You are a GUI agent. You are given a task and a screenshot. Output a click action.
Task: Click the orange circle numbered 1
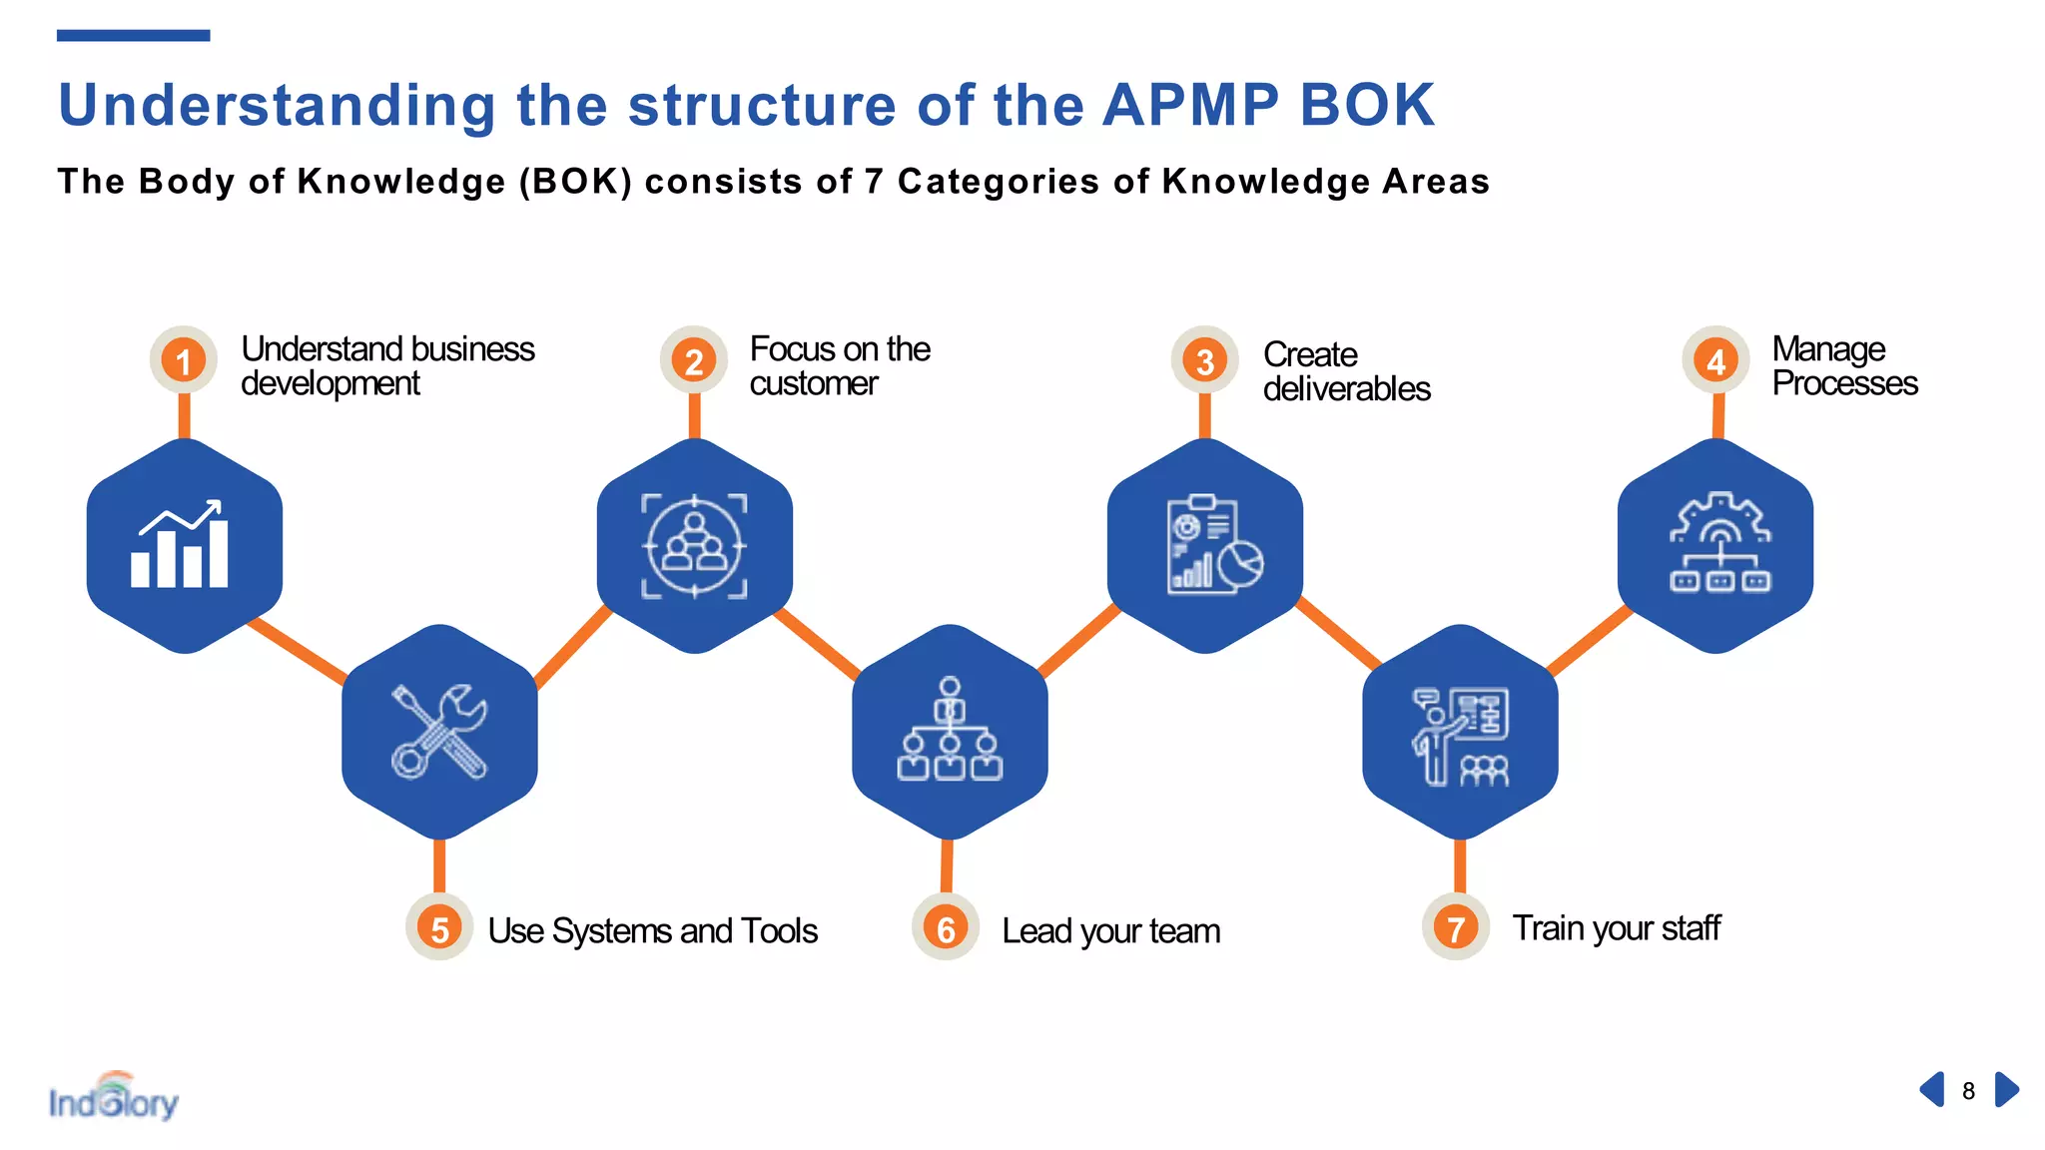point(184,360)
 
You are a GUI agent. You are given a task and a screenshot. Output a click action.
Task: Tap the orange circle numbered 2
point(694,360)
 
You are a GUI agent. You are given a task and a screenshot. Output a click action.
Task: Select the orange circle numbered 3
point(1205,360)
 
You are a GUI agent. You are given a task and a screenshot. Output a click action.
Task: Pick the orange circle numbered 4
point(1715,360)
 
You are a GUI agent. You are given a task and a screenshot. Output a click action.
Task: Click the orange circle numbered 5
point(439,928)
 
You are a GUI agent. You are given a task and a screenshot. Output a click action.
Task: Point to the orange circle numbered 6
point(946,928)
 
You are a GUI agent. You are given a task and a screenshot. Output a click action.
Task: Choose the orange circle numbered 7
point(1456,928)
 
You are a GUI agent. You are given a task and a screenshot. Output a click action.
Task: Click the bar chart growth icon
point(181,544)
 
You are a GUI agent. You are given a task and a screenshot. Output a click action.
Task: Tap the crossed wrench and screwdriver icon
point(439,731)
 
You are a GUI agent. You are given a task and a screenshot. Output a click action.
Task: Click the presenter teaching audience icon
point(1460,736)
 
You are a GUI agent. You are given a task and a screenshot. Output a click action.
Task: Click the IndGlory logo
point(114,1098)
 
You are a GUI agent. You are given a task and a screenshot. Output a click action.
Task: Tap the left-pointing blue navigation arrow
point(1932,1089)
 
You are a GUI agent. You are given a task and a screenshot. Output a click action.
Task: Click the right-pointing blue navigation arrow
point(2006,1089)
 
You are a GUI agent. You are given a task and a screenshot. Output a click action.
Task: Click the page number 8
point(1968,1091)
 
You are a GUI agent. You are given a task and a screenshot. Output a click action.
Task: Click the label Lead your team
point(1110,931)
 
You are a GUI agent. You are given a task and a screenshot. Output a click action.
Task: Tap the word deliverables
point(1346,389)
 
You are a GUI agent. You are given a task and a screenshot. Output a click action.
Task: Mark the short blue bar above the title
point(133,36)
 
